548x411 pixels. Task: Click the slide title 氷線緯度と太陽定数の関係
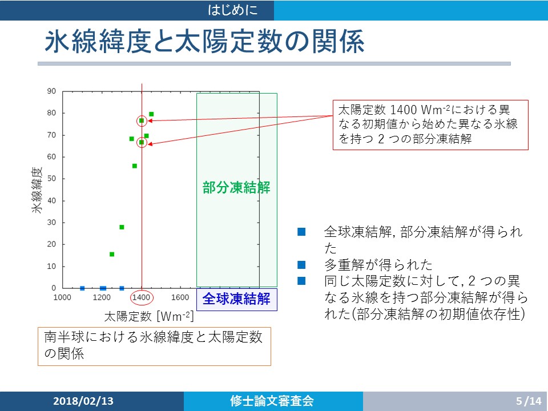(x=204, y=41)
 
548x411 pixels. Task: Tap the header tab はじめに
(x=233, y=10)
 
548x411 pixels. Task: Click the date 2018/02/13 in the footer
(x=83, y=401)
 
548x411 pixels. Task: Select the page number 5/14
(x=529, y=401)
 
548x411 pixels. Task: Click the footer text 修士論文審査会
(x=272, y=401)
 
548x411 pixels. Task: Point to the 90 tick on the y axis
(x=51, y=91)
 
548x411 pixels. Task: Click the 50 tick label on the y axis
(x=51, y=179)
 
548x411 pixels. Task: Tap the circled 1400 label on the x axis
(x=141, y=297)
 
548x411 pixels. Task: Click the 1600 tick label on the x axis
(x=180, y=297)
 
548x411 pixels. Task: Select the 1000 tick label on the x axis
(x=62, y=297)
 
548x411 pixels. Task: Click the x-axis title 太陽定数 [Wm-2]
(x=149, y=316)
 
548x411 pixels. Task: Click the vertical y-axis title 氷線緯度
(x=37, y=190)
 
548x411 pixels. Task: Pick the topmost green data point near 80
(x=151, y=114)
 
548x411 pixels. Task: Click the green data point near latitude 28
(x=122, y=227)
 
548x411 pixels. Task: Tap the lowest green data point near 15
(x=112, y=254)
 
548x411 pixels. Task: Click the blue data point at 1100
(x=82, y=288)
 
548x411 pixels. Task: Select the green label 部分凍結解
(x=236, y=187)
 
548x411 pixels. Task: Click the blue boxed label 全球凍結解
(x=236, y=299)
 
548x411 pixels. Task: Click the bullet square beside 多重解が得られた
(x=301, y=265)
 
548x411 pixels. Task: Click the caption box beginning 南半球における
(x=154, y=346)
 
